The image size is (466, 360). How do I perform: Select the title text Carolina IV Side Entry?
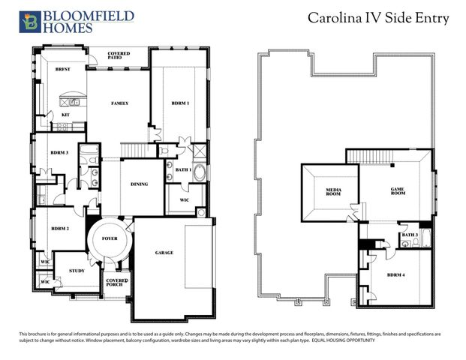379,18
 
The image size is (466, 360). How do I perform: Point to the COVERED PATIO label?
119,56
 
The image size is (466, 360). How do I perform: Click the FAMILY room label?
119,103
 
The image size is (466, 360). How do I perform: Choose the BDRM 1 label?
180,103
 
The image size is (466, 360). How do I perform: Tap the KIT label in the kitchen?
66,115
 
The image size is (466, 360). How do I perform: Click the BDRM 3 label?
60,152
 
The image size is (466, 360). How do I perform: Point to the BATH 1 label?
183,170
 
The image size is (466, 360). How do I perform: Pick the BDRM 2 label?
60,228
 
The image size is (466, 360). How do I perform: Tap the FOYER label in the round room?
110,238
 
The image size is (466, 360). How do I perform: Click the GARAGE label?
164,253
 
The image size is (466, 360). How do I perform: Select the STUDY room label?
77,271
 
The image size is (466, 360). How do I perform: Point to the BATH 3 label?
410,235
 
